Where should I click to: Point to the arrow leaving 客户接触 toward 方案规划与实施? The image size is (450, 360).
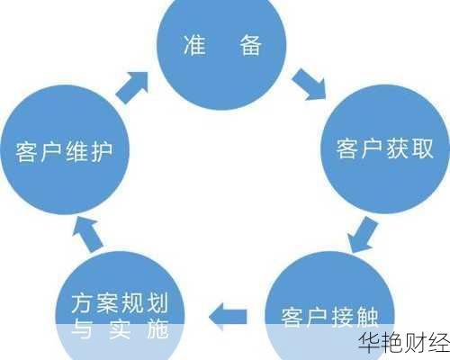229,314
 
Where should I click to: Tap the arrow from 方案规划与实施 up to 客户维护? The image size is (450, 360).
82,235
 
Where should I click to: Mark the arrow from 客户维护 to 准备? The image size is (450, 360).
132,86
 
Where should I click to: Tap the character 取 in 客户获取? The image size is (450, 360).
414,149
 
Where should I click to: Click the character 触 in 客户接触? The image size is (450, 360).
382,317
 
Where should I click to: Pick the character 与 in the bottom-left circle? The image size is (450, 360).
81,330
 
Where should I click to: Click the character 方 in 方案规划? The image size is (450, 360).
82,301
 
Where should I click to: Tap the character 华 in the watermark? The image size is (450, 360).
366,341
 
